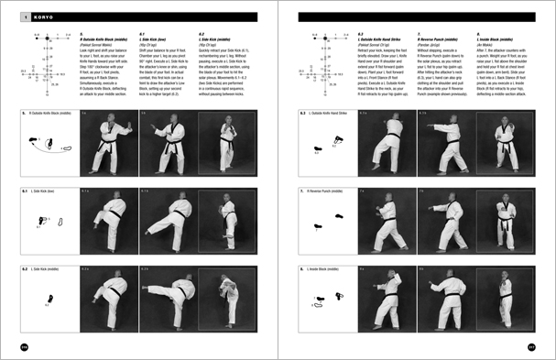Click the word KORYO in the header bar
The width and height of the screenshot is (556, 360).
(x=36, y=16)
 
